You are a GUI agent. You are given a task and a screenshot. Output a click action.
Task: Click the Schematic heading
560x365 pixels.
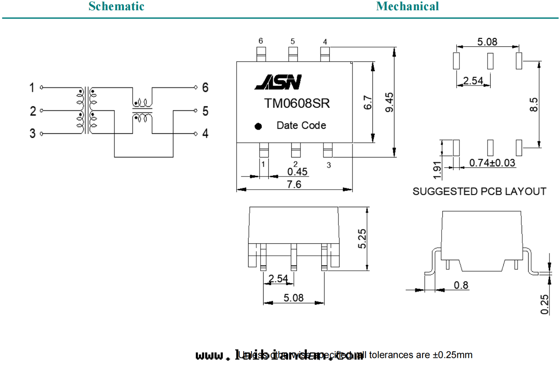pyautogui.click(x=116, y=6)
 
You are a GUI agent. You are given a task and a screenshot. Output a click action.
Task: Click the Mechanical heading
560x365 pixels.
pyautogui.click(x=407, y=6)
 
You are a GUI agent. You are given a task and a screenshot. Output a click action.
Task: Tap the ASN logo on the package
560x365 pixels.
pyautogui.click(x=278, y=82)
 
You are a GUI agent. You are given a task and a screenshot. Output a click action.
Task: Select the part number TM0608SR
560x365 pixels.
pyautogui.click(x=297, y=103)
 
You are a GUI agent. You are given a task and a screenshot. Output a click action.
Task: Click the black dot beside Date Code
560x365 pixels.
pyautogui.click(x=258, y=127)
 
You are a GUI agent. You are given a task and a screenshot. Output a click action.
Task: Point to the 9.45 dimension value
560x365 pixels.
pyautogui.click(x=390, y=102)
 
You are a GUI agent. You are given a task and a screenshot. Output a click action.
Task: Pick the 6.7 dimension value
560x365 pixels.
pyautogui.click(x=368, y=102)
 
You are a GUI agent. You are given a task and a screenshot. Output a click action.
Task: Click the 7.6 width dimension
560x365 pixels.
pyautogui.click(x=294, y=184)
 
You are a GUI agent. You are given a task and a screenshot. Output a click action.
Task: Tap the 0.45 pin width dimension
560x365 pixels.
pyautogui.click(x=297, y=172)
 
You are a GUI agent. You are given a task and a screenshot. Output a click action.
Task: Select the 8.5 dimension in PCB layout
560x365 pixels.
pyautogui.click(x=534, y=104)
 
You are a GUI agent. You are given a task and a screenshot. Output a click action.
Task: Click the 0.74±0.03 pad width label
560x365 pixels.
pyautogui.click(x=492, y=163)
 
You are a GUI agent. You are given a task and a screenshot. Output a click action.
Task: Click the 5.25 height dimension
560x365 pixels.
pyautogui.click(x=362, y=239)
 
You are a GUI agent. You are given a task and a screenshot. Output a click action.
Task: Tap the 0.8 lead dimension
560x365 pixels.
pyautogui.click(x=461, y=285)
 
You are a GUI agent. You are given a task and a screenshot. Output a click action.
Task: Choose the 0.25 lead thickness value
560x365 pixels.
pyautogui.click(x=544, y=304)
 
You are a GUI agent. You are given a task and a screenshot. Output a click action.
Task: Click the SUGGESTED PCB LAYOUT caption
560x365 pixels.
pyautogui.click(x=479, y=192)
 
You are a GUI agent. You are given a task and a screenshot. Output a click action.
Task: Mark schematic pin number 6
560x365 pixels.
pyautogui.click(x=205, y=88)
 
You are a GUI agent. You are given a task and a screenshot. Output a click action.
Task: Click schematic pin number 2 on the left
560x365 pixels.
pyautogui.click(x=33, y=111)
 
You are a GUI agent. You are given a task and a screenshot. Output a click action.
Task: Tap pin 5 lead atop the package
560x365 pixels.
pyautogui.click(x=293, y=54)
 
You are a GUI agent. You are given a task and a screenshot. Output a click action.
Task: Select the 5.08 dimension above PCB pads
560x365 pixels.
pyautogui.click(x=487, y=42)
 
